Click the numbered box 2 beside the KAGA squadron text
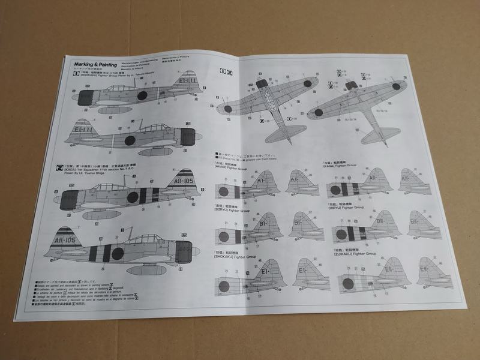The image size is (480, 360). pyautogui.click(x=59, y=169)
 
